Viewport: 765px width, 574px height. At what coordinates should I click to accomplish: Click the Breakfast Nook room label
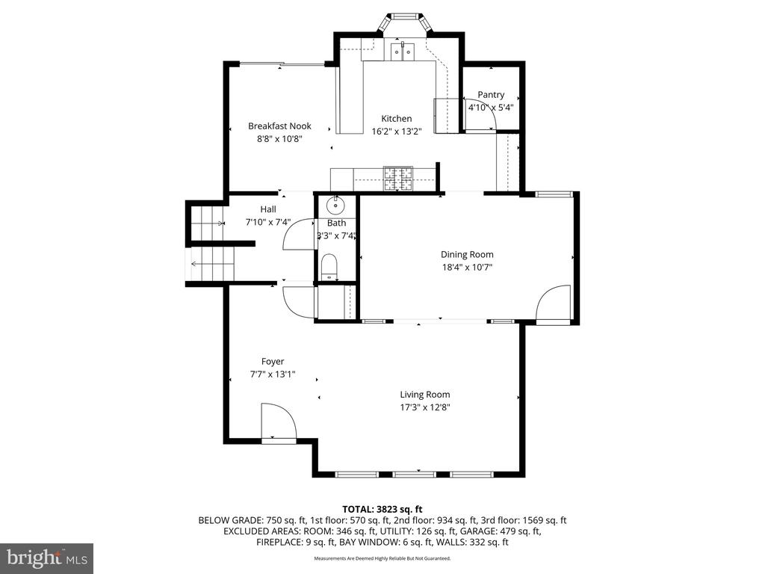[279, 126]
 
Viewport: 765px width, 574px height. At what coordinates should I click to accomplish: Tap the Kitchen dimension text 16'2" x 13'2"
[397, 132]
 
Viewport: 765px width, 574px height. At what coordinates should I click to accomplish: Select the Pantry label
[491, 95]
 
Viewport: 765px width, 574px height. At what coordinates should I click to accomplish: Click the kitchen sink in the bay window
[403, 51]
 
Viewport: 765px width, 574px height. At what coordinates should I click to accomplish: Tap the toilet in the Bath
[329, 268]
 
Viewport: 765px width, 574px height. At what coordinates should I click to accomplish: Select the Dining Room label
[467, 255]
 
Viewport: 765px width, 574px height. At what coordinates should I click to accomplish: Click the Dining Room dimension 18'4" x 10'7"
[467, 267]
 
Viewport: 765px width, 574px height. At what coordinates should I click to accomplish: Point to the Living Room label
[424, 395]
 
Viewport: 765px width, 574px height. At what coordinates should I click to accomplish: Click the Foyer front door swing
[278, 421]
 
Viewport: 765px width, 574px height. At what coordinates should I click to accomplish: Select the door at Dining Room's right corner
[554, 304]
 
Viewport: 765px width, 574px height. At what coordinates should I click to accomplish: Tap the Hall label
[268, 209]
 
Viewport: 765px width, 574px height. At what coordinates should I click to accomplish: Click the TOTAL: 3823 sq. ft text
[382, 509]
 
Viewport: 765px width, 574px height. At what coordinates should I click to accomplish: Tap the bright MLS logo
[46, 558]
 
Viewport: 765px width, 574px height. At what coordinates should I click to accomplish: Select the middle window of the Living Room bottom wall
[414, 473]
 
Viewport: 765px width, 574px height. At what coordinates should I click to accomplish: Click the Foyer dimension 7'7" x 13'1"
[273, 374]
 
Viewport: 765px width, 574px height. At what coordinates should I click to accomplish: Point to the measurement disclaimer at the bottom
[382, 558]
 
